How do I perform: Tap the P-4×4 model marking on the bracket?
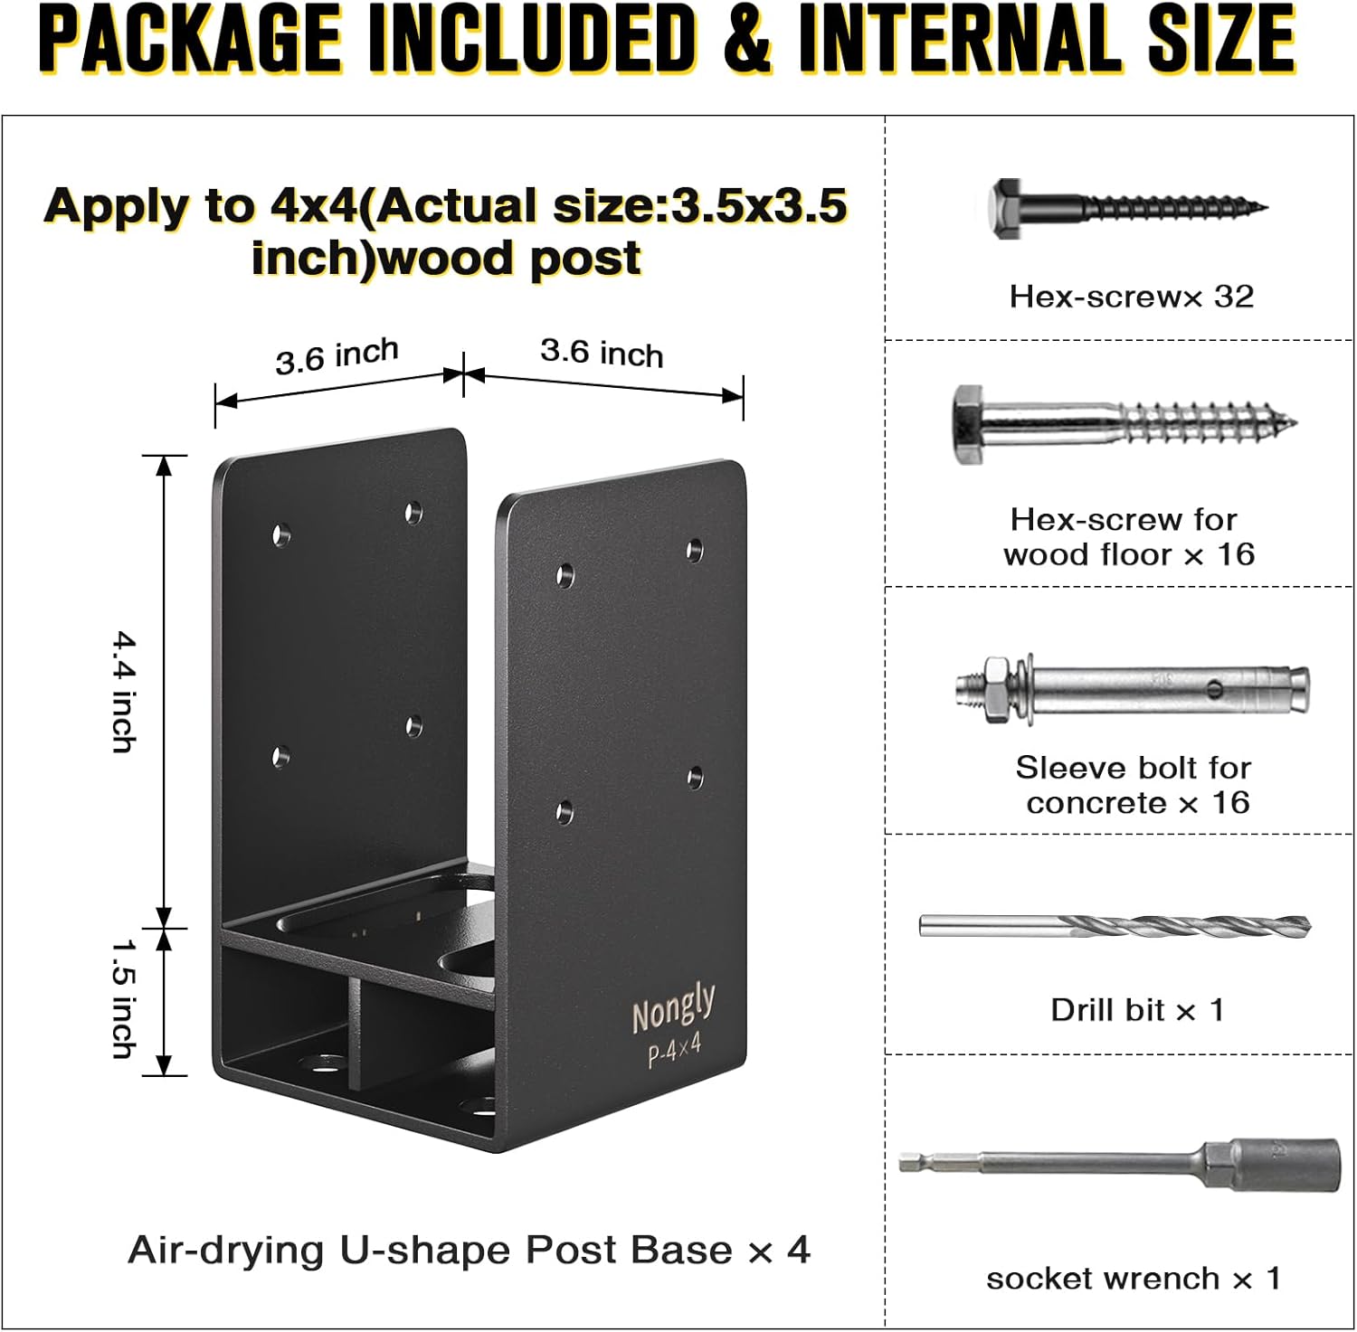coord(675,1052)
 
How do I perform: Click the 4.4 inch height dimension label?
coord(122,692)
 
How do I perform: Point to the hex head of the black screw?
coord(1007,208)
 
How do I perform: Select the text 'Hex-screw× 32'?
coord(1131,297)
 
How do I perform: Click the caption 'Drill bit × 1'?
coord(1137,1010)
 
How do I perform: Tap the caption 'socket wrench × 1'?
coord(1133,1279)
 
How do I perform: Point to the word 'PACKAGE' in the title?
coord(190,41)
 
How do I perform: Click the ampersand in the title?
coord(746,41)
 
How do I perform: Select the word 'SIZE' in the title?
coord(1221,41)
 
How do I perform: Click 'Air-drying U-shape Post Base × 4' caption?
coord(469,1251)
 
